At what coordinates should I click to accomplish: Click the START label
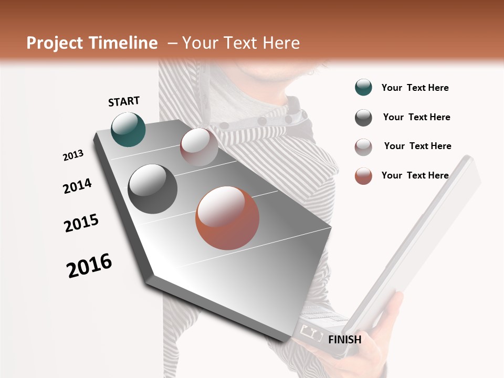pyautogui.click(x=124, y=101)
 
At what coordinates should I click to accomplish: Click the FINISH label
pyautogui.click(x=344, y=340)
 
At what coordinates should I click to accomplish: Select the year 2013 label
pyautogui.click(x=73, y=155)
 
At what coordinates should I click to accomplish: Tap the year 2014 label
pyautogui.click(x=77, y=186)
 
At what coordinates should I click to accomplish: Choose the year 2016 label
pyautogui.click(x=89, y=266)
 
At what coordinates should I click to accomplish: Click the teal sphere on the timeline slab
pyautogui.click(x=128, y=129)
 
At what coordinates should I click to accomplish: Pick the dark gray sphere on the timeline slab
pyautogui.click(x=152, y=189)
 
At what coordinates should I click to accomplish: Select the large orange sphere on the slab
pyautogui.click(x=227, y=218)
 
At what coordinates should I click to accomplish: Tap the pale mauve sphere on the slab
pyautogui.click(x=199, y=146)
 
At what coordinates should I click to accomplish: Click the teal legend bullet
pyautogui.click(x=363, y=88)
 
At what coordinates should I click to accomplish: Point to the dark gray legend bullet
pyautogui.click(x=363, y=118)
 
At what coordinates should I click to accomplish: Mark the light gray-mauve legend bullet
pyautogui.click(x=363, y=147)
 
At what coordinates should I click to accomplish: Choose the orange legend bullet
pyautogui.click(x=363, y=176)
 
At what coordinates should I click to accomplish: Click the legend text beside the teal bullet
pyautogui.click(x=415, y=88)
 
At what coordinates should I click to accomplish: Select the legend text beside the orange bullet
pyautogui.click(x=415, y=175)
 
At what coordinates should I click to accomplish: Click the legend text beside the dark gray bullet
pyautogui.click(x=416, y=117)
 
